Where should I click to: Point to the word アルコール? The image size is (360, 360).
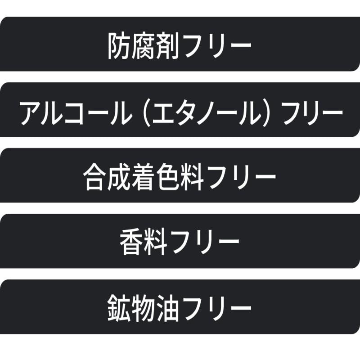tap(72, 111)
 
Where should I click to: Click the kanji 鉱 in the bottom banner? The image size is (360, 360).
tap(120, 308)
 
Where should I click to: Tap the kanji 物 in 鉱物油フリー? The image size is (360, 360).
tap(146, 308)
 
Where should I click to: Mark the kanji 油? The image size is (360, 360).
tap(173, 308)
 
